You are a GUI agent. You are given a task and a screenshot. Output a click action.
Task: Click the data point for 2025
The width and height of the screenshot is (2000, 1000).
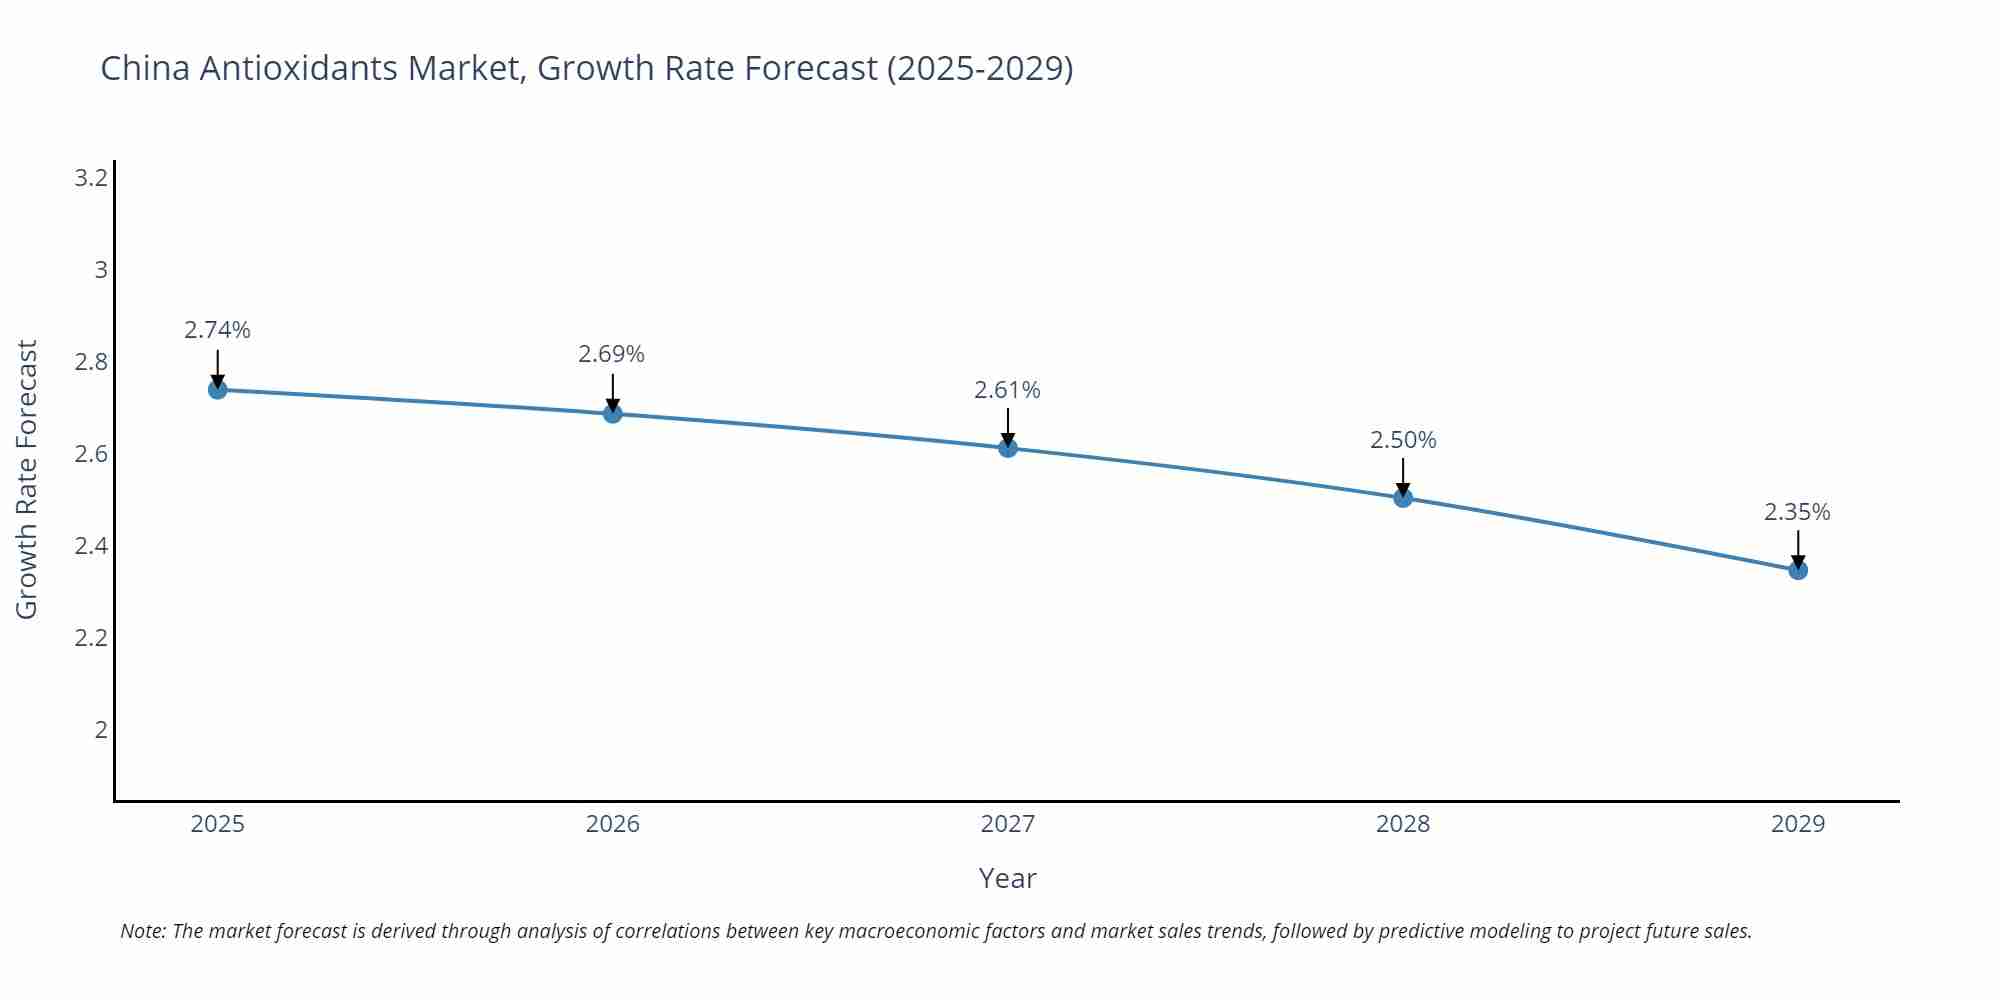tap(217, 389)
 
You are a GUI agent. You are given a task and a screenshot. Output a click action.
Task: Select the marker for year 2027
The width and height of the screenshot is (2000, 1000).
tap(1008, 448)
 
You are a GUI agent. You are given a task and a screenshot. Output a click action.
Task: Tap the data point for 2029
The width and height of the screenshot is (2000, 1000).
tap(1798, 570)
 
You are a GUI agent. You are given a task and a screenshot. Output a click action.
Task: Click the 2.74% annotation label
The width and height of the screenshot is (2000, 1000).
tap(217, 330)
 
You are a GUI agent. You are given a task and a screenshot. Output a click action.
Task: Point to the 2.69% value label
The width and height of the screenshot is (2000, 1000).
tap(612, 354)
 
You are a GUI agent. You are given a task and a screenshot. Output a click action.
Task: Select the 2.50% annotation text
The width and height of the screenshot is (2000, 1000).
tap(1403, 440)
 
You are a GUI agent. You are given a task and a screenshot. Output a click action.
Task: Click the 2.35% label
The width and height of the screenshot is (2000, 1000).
tap(1797, 512)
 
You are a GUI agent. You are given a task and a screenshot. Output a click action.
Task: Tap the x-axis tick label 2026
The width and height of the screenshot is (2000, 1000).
tap(612, 824)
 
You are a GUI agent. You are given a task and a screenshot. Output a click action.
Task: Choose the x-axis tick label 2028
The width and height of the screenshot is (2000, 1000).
tap(1403, 824)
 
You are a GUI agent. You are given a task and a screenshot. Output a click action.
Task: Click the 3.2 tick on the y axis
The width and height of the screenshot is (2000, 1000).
tap(91, 178)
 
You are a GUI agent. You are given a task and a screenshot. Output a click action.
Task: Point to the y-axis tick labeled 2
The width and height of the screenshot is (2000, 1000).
tap(101, 730)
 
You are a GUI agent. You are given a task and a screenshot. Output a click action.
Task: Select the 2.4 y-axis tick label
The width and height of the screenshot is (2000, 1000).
tap(91, 546)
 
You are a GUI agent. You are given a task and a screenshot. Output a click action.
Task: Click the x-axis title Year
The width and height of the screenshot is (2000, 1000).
tap(1007, 878)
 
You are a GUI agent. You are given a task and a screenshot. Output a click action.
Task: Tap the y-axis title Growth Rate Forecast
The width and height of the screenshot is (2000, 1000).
tap(27, 479)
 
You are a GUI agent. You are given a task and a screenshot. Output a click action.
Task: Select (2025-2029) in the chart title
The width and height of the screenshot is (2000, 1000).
tap(980, 68)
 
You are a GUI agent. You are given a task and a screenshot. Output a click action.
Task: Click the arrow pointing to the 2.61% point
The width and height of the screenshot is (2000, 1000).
tap(1008, 425)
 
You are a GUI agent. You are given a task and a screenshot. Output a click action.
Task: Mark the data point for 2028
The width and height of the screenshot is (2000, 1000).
tap(1403, 497)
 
